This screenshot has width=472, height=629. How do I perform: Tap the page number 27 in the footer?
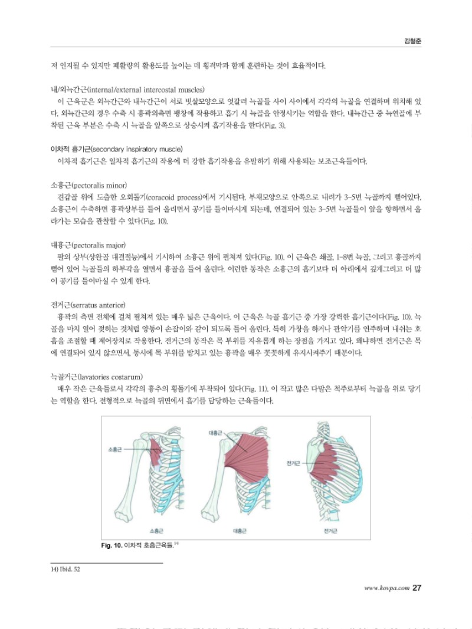click(416, 588)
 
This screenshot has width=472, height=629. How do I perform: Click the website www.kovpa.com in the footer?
click(386, 588)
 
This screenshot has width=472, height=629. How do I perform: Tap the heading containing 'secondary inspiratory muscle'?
click(117, 149)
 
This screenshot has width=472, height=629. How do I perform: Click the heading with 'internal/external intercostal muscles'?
click(128, 89)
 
